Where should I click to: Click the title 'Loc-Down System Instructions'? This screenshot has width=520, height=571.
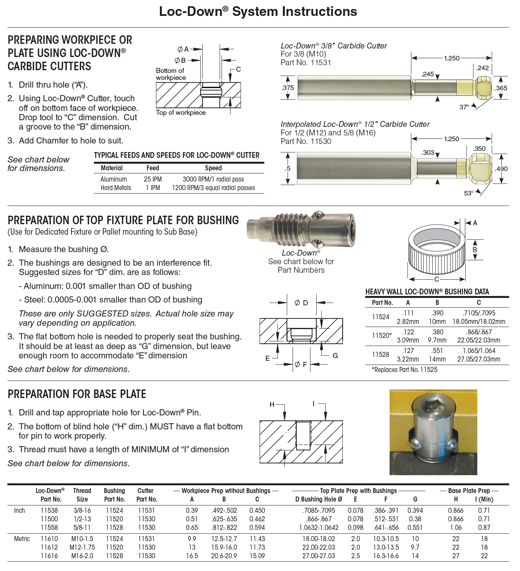pos(258,11)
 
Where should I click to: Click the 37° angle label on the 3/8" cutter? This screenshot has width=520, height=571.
pos(464,107)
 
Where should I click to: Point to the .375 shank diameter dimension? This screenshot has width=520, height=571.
pos(288,88)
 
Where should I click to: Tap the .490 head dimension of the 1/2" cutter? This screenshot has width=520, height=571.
pos(501,169)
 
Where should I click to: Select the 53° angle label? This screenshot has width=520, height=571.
pos(469,193)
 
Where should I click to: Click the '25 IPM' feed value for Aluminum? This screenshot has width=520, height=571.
pos(153,179)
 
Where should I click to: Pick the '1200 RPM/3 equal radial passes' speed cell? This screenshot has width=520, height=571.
pos(213,188)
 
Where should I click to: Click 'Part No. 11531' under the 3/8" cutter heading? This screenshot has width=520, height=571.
pos(306,62)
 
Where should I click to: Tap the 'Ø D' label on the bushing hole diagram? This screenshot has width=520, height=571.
pos(301,303)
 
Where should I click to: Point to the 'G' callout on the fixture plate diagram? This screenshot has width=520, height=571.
pos(335,355)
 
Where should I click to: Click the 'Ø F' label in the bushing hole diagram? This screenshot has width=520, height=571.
pos(301,365)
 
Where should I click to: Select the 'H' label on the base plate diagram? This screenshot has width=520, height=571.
pos(272,405)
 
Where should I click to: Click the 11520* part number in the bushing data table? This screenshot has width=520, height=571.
pos(381,336)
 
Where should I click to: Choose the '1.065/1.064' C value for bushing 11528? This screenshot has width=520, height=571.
pos(478,351)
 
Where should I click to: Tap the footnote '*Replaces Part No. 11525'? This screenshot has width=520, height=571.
pos(404,370)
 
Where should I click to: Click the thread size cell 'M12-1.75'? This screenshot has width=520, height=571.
pos(82,547)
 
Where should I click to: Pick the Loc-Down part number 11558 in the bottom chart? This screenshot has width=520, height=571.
pos(49,528)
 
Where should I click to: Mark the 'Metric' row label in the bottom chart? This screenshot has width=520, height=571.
pos(22,539)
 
